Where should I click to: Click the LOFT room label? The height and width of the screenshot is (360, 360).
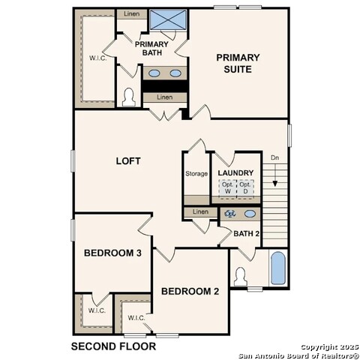click(128, 161)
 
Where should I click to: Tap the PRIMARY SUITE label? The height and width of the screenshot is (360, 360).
click(238, 63)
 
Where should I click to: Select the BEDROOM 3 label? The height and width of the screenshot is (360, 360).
click(112, 253)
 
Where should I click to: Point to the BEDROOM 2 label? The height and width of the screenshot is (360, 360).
click(190, 291)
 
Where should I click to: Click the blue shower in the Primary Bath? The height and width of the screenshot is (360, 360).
click(168, 19)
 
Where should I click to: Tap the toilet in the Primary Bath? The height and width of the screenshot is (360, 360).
click(129, 97)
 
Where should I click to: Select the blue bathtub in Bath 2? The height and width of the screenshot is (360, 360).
click(278, 268)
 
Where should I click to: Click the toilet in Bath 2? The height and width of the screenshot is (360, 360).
click(241, 277)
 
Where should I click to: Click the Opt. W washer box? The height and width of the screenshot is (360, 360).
click(228, 188)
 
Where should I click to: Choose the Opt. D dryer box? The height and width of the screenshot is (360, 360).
click(245, 188)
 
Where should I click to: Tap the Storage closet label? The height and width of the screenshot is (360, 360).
click(196, 173)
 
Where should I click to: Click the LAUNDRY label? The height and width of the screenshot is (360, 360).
click(235, 172)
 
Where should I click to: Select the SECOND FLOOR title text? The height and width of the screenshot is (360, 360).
click(113, 346)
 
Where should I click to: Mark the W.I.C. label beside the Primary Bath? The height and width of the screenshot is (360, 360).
click(98, 58)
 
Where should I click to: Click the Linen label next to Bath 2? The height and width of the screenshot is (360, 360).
click(200, 211)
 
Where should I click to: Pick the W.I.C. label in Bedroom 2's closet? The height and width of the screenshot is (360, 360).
click(136, 318)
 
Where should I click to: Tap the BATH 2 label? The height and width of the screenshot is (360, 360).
click(246, 234)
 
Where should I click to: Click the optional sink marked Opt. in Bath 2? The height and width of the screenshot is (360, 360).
click(230, 214)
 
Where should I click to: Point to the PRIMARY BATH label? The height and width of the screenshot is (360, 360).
click(151, 49)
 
